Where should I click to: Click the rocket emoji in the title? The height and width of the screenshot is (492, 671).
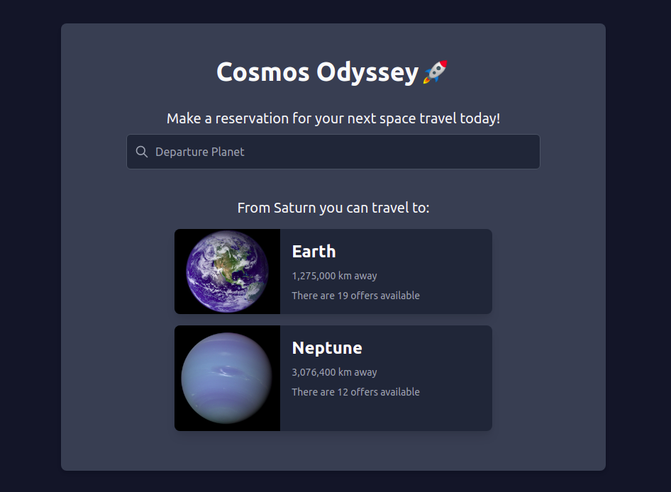pos(435,72)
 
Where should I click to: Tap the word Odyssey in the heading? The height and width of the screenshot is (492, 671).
pos(367,72)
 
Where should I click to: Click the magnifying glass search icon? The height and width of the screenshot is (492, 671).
pos(142,152)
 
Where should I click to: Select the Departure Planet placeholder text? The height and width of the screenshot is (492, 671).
pos(200,152)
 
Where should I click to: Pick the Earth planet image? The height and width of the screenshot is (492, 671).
pos(227,272)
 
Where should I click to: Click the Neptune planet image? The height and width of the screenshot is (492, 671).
pos(227,378)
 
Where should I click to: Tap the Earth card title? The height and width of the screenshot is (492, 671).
pos(314,252)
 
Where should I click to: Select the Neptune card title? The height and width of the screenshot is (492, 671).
pos(327,348)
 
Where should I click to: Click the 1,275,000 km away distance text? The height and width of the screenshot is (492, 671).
pos(334,276)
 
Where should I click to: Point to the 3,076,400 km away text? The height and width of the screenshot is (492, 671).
pos(334,372)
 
